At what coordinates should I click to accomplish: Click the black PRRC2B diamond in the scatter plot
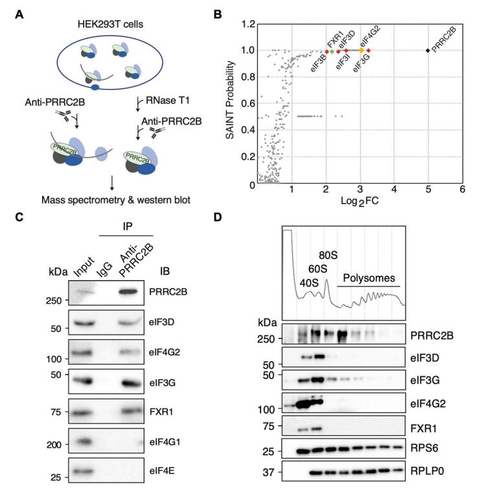pyautogui.click(x=428, y=51)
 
